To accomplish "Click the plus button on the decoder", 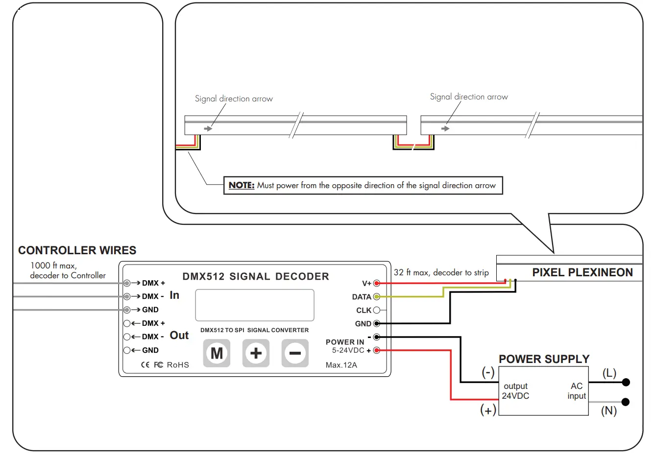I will coord(256,353).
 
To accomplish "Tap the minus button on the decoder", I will coord(295,353).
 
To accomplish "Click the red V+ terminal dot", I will coord(377,283).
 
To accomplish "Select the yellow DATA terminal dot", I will coord(377,297).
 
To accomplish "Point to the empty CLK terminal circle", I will coord(377,310).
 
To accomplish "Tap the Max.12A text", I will coord(341,365).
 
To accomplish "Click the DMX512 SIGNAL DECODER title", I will coord(255,277).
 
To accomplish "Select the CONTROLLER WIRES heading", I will coord(77,250).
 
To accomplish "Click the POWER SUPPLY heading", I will coord(544,359).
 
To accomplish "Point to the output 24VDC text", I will coord(516,391).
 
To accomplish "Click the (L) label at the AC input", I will coord(609,373).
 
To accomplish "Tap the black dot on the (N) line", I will coord(625,402).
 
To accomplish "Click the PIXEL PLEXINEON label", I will coord(582,272).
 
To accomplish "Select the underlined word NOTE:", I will coord(242,185).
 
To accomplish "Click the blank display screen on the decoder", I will coord(254,305).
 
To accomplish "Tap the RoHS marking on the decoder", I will coord(177,365).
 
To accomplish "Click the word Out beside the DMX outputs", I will coord(179,336).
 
